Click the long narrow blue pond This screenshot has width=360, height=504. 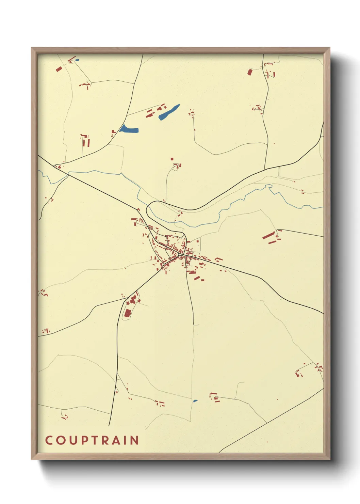pyautogui.click(x=169, y=112)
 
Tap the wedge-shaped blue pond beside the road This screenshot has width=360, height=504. pyautogui.click(x=129, y=129)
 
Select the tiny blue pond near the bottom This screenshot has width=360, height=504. pyautogui.click(x=195, y=401)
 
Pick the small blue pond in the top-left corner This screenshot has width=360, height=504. pyautogui.click(x=77, y=60)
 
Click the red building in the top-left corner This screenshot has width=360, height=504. pyautogui.click(x=59, y=69)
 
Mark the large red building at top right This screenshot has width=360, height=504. pyautogui.click(x=250, y=72)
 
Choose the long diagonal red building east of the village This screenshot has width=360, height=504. pyautogui.click(x=269, y=235)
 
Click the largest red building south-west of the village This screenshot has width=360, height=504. pyautogui.click(x=128, y=313)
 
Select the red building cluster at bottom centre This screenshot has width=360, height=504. pyautogui.click(x=214, y=397)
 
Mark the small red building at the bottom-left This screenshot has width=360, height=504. pyautogui.click(x=64, y=417)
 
